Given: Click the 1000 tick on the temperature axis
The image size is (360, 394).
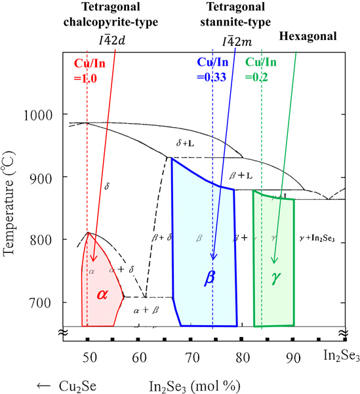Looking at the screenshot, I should point(41,115).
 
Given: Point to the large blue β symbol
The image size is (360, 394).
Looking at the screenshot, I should point(209,277).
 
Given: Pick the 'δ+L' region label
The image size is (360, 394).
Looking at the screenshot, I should point(186,142).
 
